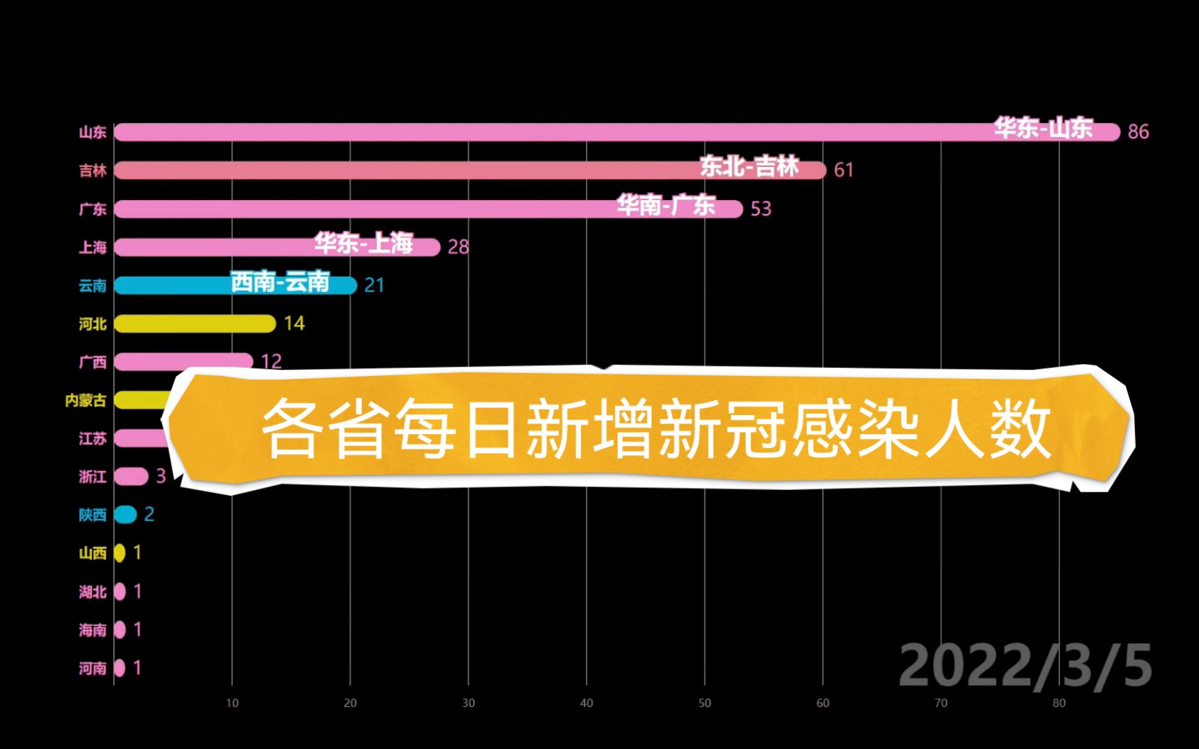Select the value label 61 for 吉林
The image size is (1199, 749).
844,170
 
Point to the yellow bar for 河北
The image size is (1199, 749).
195,324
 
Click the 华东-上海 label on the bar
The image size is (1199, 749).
363,243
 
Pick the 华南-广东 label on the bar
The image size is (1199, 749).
666,205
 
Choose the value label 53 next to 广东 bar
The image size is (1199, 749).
761,209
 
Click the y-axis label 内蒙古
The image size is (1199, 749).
86,400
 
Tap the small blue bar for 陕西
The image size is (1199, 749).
126,515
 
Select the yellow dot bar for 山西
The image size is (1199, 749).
119,553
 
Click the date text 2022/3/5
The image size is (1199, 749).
1025,666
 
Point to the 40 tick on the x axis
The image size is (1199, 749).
586,703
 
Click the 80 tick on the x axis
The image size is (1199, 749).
1059,703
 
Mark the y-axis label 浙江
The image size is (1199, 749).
93,477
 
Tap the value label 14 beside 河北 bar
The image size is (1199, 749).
294,324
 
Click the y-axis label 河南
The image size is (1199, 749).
93,668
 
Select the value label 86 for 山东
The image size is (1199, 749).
1138,132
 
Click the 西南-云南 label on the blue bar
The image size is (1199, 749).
280,282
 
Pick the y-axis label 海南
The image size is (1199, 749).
93,630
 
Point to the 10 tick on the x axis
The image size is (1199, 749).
232,703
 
